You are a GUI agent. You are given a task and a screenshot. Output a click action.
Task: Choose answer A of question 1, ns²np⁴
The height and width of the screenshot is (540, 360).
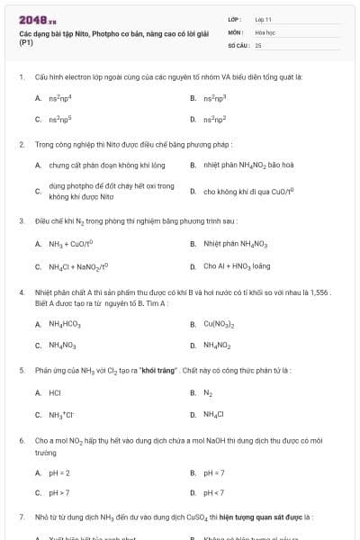tap(59, 96)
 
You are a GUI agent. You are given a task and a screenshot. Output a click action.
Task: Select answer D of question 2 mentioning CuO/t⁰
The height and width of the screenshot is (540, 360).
tap(236, 191)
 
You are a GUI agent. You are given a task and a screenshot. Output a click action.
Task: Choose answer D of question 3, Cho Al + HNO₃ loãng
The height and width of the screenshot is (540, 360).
tap(236, 266)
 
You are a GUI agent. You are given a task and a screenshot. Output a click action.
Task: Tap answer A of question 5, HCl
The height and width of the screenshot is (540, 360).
tap(54, 392)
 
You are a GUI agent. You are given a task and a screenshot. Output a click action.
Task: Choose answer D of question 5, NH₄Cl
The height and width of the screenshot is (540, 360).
tap(213, 414)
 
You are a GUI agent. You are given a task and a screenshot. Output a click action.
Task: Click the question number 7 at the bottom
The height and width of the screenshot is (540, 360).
tap(21, 517)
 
